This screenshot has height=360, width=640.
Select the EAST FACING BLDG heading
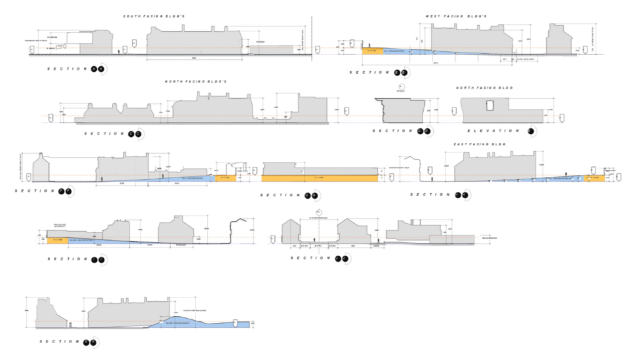pos(479,144)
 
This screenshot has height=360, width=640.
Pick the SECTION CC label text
pos(104,134)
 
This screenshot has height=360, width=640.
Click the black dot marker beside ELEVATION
pos(532,131)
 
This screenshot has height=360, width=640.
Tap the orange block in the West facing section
pos(372,51)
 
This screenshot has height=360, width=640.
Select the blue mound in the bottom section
pos(181,322)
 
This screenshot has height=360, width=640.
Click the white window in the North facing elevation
pos(490,104)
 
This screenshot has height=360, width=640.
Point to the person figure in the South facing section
pos(119,51)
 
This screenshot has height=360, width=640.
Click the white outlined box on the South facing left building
pos(80,37)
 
